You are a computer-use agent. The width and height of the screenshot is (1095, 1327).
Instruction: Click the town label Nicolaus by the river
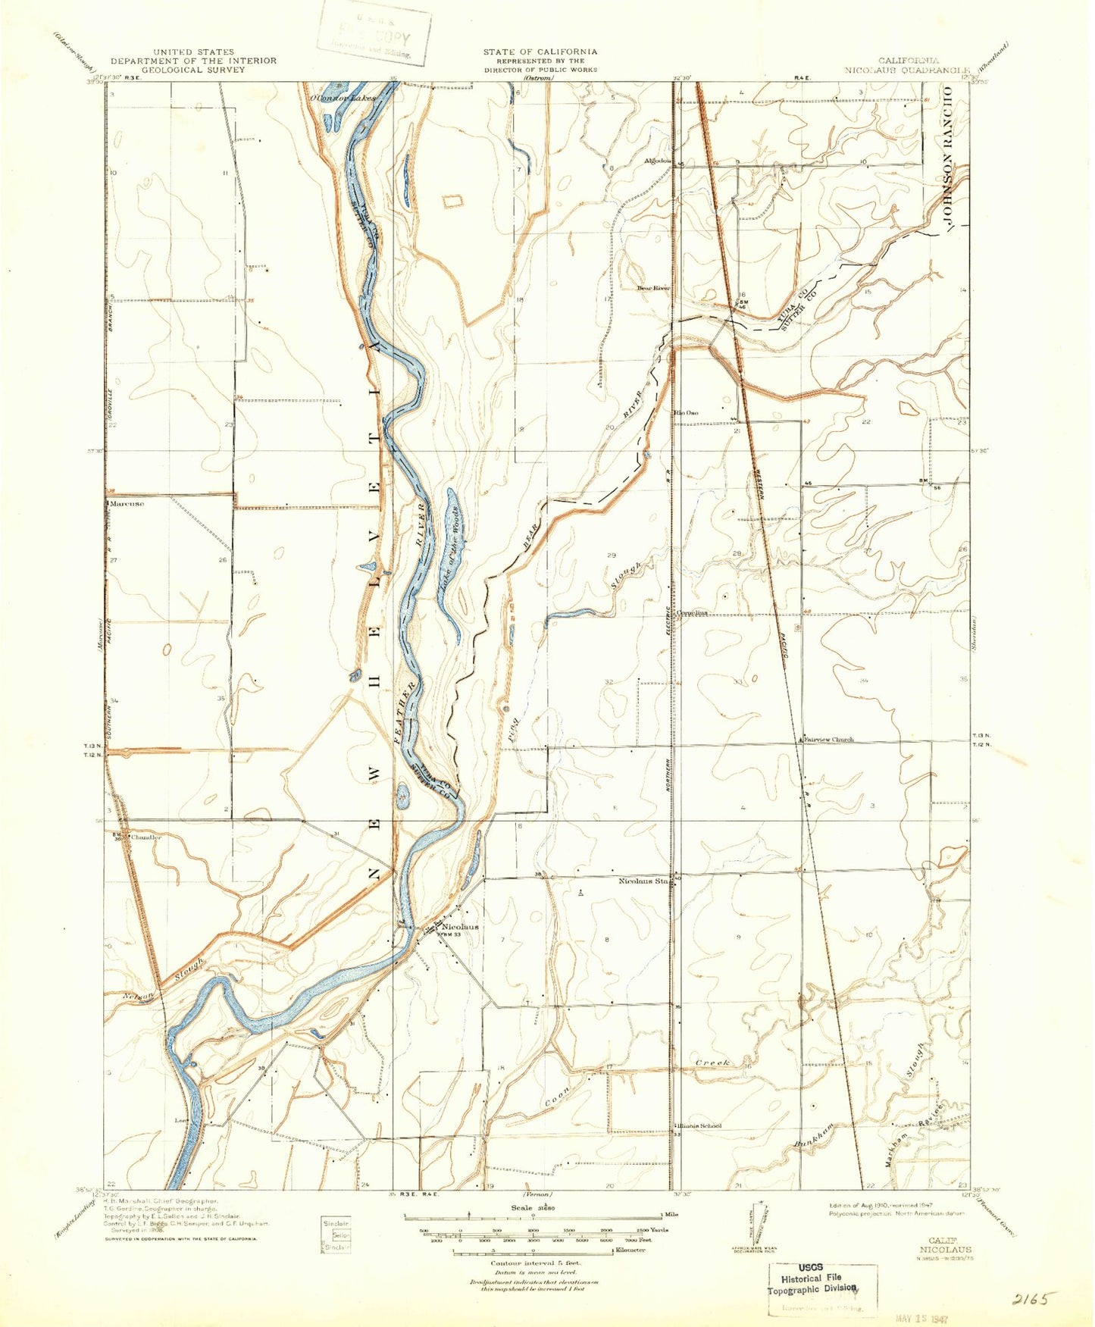[459, 927]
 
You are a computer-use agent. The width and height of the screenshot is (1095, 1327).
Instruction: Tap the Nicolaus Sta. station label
[644, 881]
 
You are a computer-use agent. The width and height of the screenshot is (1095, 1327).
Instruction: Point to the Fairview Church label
[828, 739]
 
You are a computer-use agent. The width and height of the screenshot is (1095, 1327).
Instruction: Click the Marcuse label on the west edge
[127, 502]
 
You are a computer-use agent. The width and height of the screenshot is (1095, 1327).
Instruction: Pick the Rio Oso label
[687, 413]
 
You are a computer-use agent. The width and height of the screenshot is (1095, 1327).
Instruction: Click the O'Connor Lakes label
[341, 99]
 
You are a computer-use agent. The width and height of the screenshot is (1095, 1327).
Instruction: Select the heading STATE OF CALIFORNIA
[540, 52]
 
